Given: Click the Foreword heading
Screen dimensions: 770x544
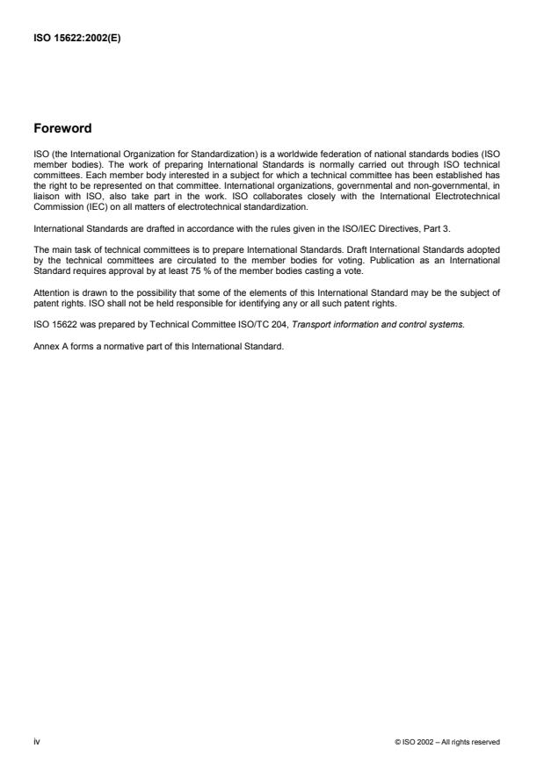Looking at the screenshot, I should pos(62,128).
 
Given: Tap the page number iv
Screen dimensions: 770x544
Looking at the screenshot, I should pos(36,741).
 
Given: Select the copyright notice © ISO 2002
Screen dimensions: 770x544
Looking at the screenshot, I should pos(447,742).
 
